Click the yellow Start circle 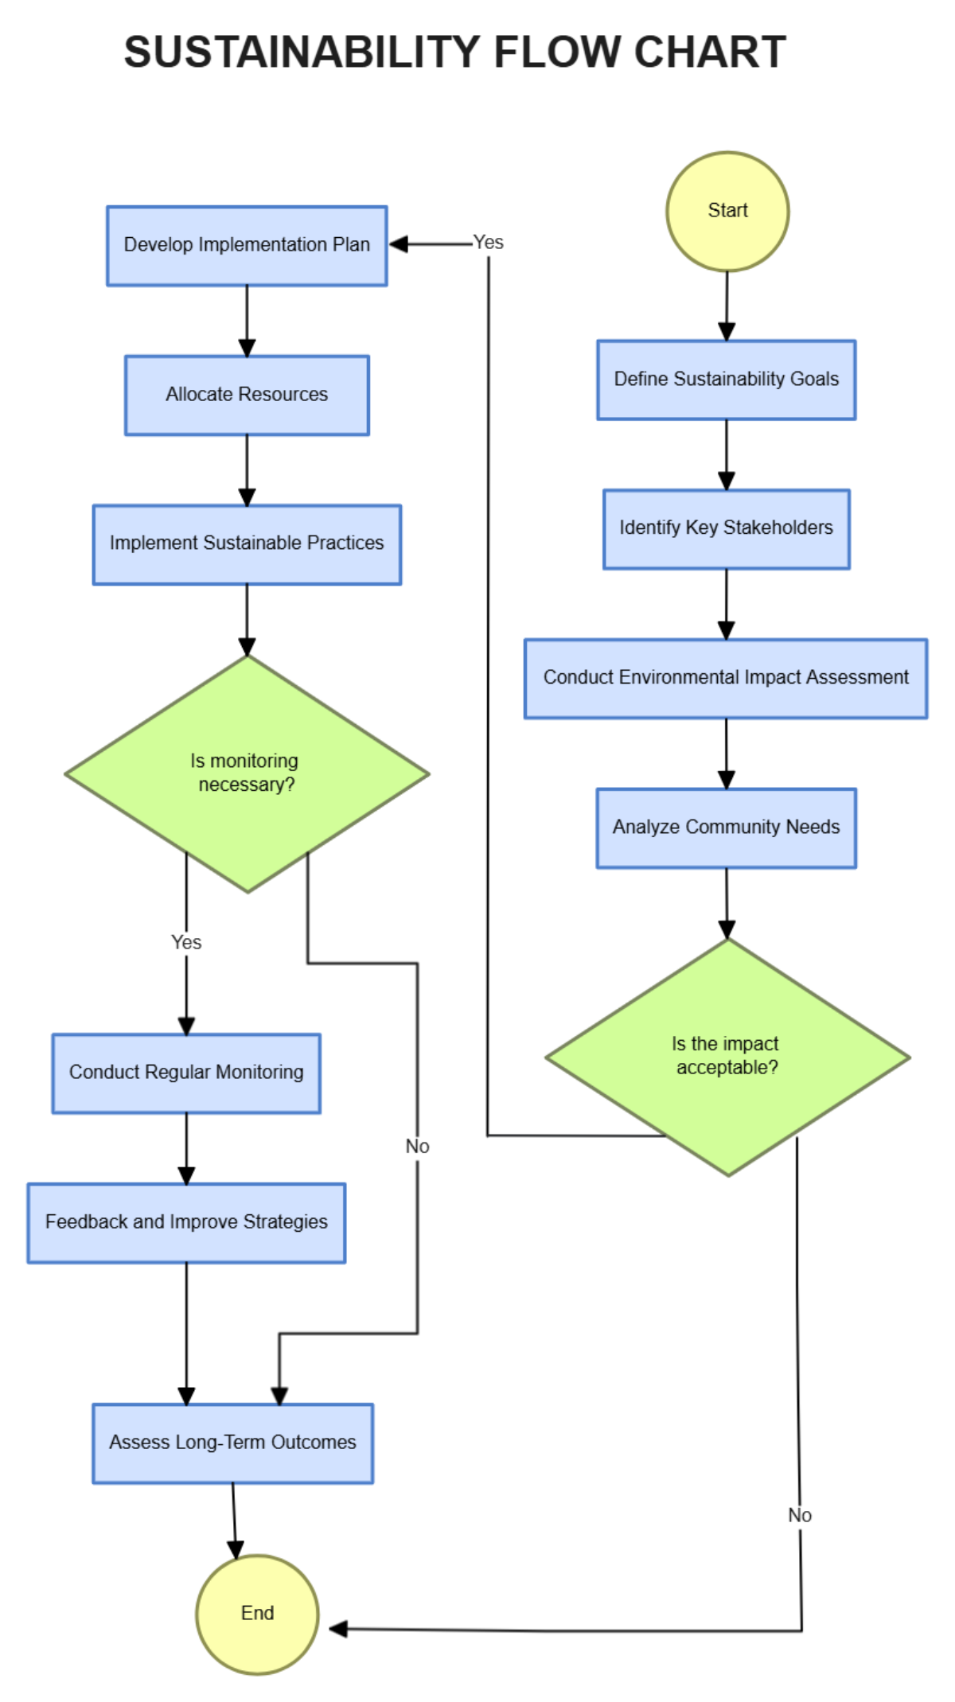tap(727, 211)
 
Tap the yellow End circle tap(257, 1614)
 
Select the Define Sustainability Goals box tap(726, 380)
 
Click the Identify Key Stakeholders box tap(726, 528)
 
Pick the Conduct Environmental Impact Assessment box tap(725, 678)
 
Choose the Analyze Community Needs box tap(726, 828)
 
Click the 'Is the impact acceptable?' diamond tap(727, 1057)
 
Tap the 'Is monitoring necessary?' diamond tap(247, 773)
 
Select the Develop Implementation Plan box tap(247, 245)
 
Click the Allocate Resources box tap(247, 395)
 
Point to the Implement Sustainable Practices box tap(247, 543)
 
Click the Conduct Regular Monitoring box tap(186, 1073)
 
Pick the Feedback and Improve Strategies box tap(186, 1222)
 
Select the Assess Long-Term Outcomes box tap(232, 1443)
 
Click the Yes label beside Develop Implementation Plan tap(488, 242)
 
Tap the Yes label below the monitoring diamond tap(186, 942)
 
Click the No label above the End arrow tap(800, 1515)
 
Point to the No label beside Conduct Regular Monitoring tap(417, 1146)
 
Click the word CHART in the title tap(710, 53)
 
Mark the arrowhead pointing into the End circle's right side tap(338, 1629)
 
